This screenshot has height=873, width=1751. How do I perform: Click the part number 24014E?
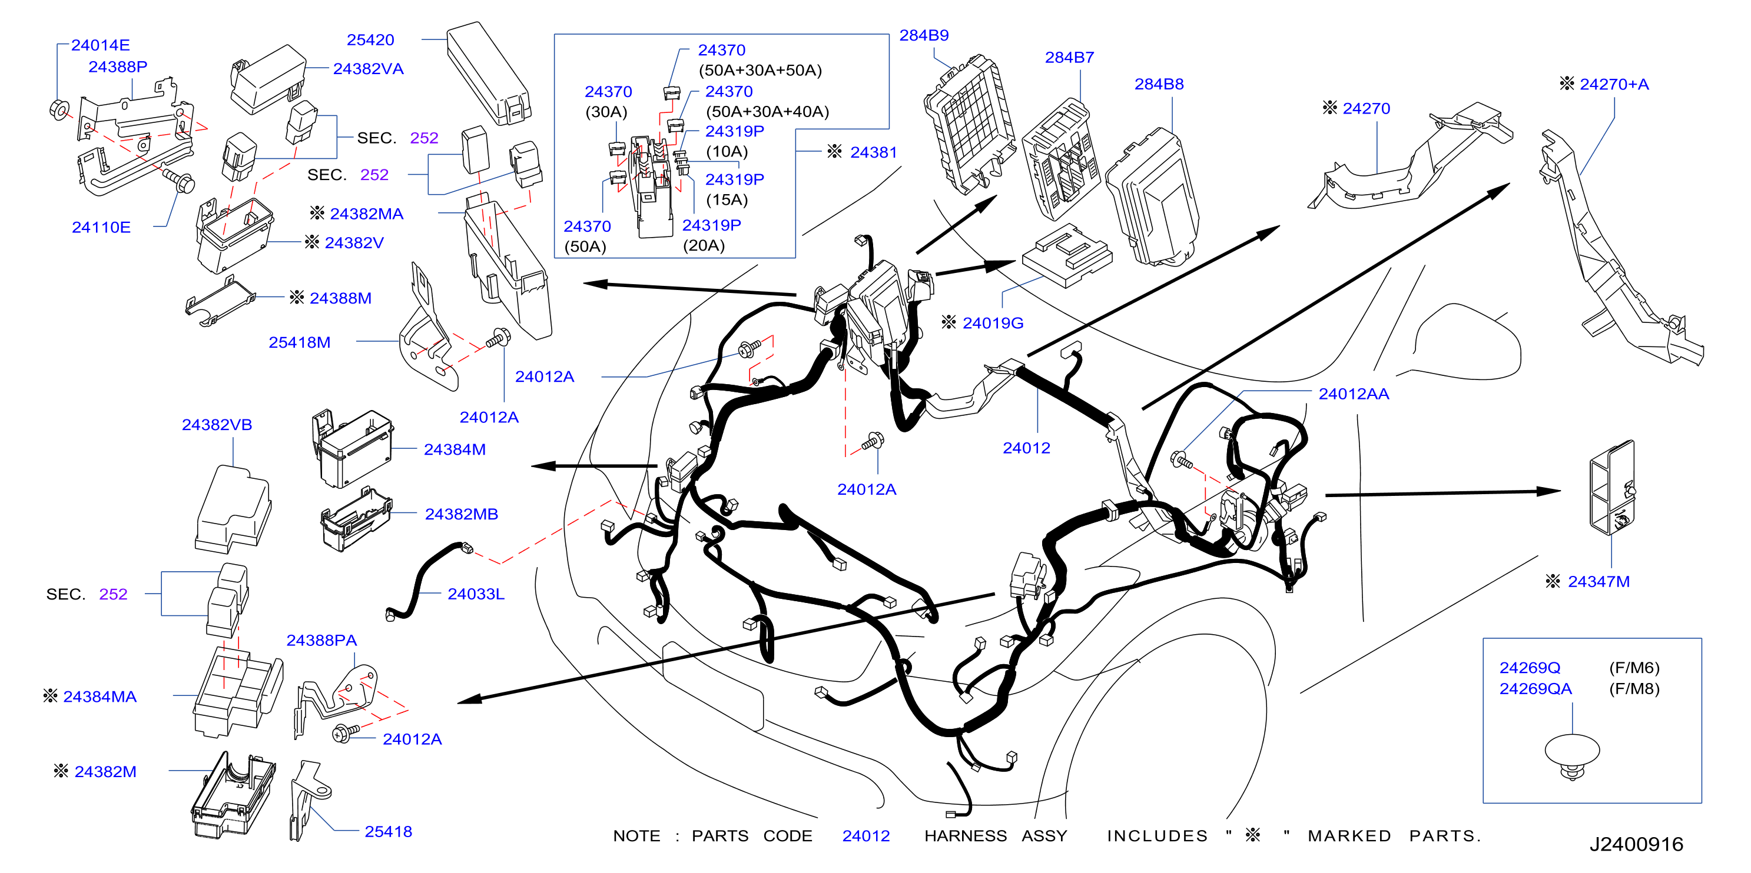(100, 45)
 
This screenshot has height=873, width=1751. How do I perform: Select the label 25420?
(370, 40)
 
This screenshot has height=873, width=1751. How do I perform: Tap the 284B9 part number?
(924, 35)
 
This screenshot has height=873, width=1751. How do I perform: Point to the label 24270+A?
(1614, 84)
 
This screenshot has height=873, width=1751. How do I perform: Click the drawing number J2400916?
(1636, 844)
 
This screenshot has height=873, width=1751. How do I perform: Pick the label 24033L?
(476, 594)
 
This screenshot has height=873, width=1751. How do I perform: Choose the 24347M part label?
(1598, 582)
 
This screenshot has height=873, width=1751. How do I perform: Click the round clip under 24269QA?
(1571, 755)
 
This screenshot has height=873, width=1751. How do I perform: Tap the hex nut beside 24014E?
(58, 109)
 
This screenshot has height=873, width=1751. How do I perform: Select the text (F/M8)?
(1634, 689)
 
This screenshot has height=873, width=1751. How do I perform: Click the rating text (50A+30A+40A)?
(767, 111)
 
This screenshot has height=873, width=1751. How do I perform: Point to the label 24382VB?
(217, 425)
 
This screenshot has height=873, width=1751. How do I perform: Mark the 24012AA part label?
(1354, 394)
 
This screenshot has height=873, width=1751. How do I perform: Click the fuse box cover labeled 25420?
(488, 74)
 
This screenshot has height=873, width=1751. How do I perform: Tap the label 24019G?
(993, 323)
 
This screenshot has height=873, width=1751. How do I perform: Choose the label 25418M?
(299, 342)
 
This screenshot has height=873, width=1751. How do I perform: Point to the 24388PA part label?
(321, 640)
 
